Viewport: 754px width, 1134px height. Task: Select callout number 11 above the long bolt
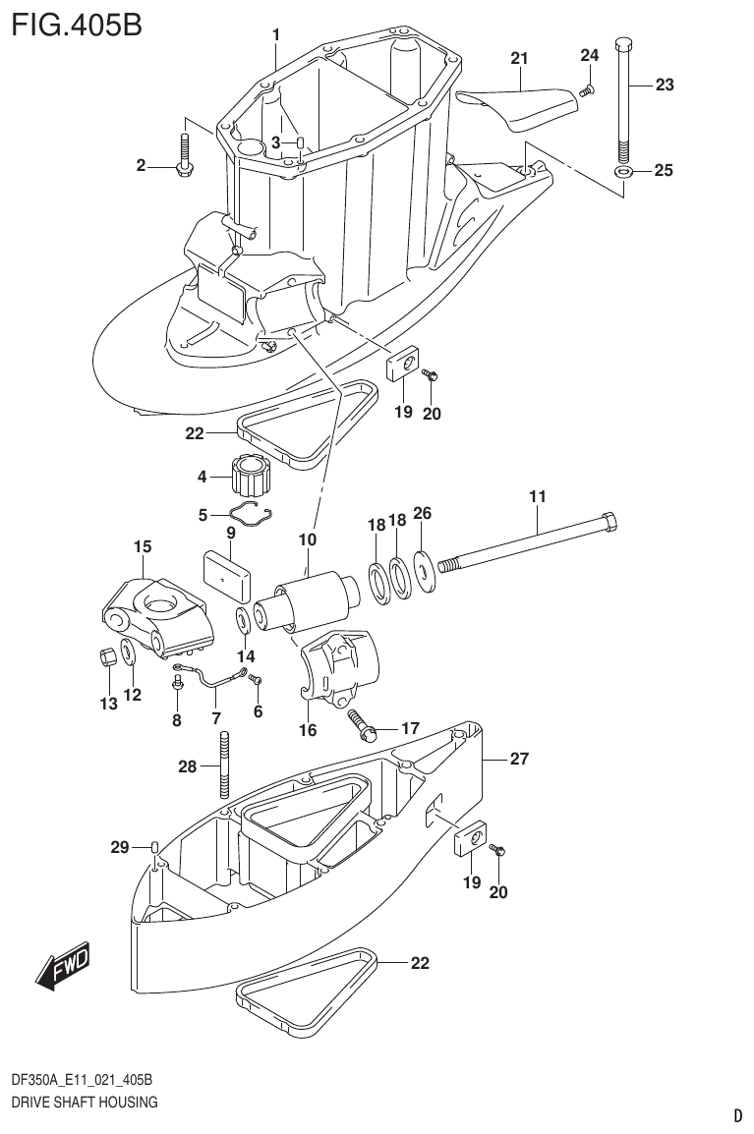coord(537,497)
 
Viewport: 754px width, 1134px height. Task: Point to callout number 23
coord(665,85)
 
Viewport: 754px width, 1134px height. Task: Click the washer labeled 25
coord(623,172)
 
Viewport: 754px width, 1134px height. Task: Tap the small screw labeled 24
coord(586,89)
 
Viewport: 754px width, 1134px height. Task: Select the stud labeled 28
coord(225,766)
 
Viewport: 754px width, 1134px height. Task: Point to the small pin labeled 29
coord(155,847)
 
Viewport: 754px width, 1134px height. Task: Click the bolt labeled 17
coord(363,728)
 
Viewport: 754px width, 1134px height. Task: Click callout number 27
coord(519,758)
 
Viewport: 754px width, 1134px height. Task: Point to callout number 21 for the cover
coord(519,59)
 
